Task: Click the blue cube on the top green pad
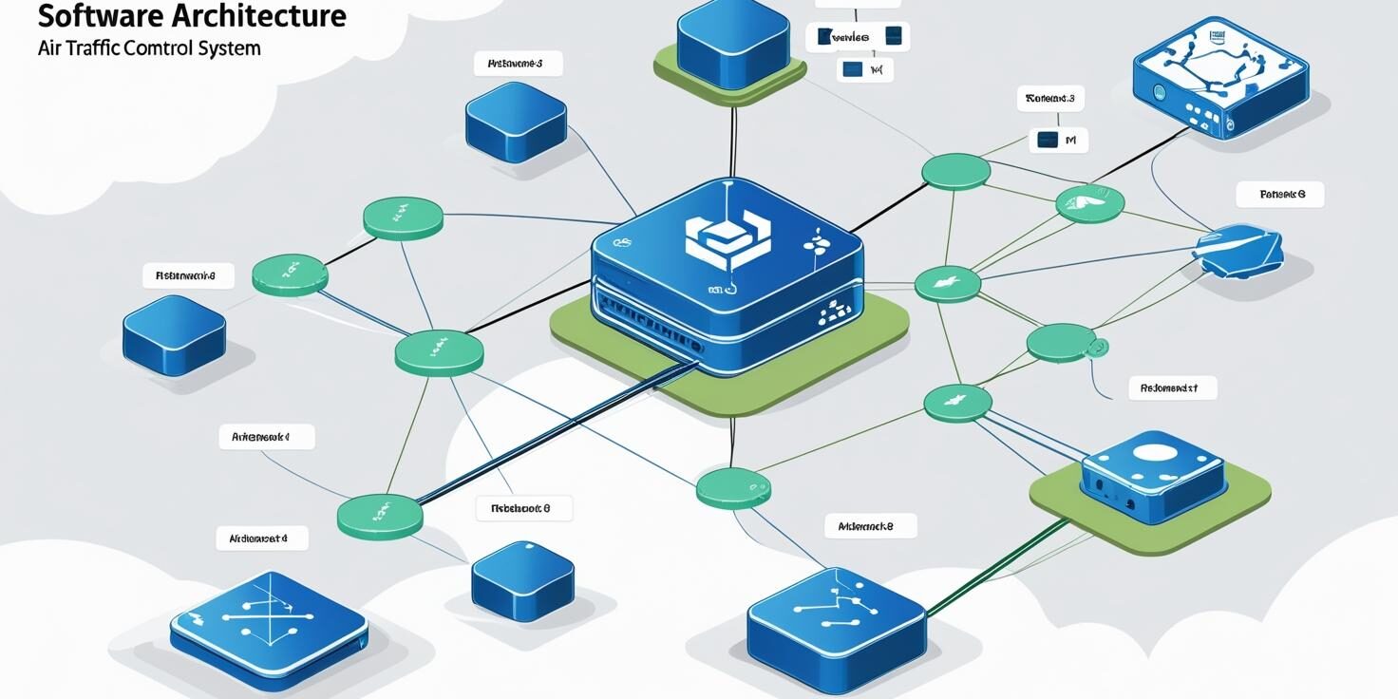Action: click(733, 43)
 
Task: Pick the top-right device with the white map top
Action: click(1219, 76)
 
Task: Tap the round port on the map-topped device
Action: click(1160, 92)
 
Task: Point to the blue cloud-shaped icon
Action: click(1239, 249)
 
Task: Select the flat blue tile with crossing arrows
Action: click(269, 618)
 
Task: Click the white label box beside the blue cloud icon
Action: click(1279, 195)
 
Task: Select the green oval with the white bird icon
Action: click(1089, 203)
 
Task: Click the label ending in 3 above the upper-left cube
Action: click(518, 65)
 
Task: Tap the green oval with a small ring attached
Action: click(1062, 343)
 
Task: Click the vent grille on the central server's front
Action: click(646, 325)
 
